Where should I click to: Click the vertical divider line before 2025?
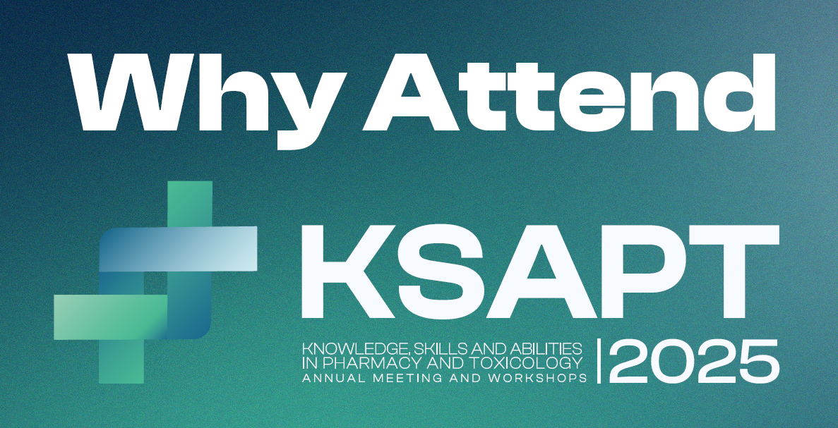tap(599, 361)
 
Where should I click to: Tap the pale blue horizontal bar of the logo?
tap(179, 249)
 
